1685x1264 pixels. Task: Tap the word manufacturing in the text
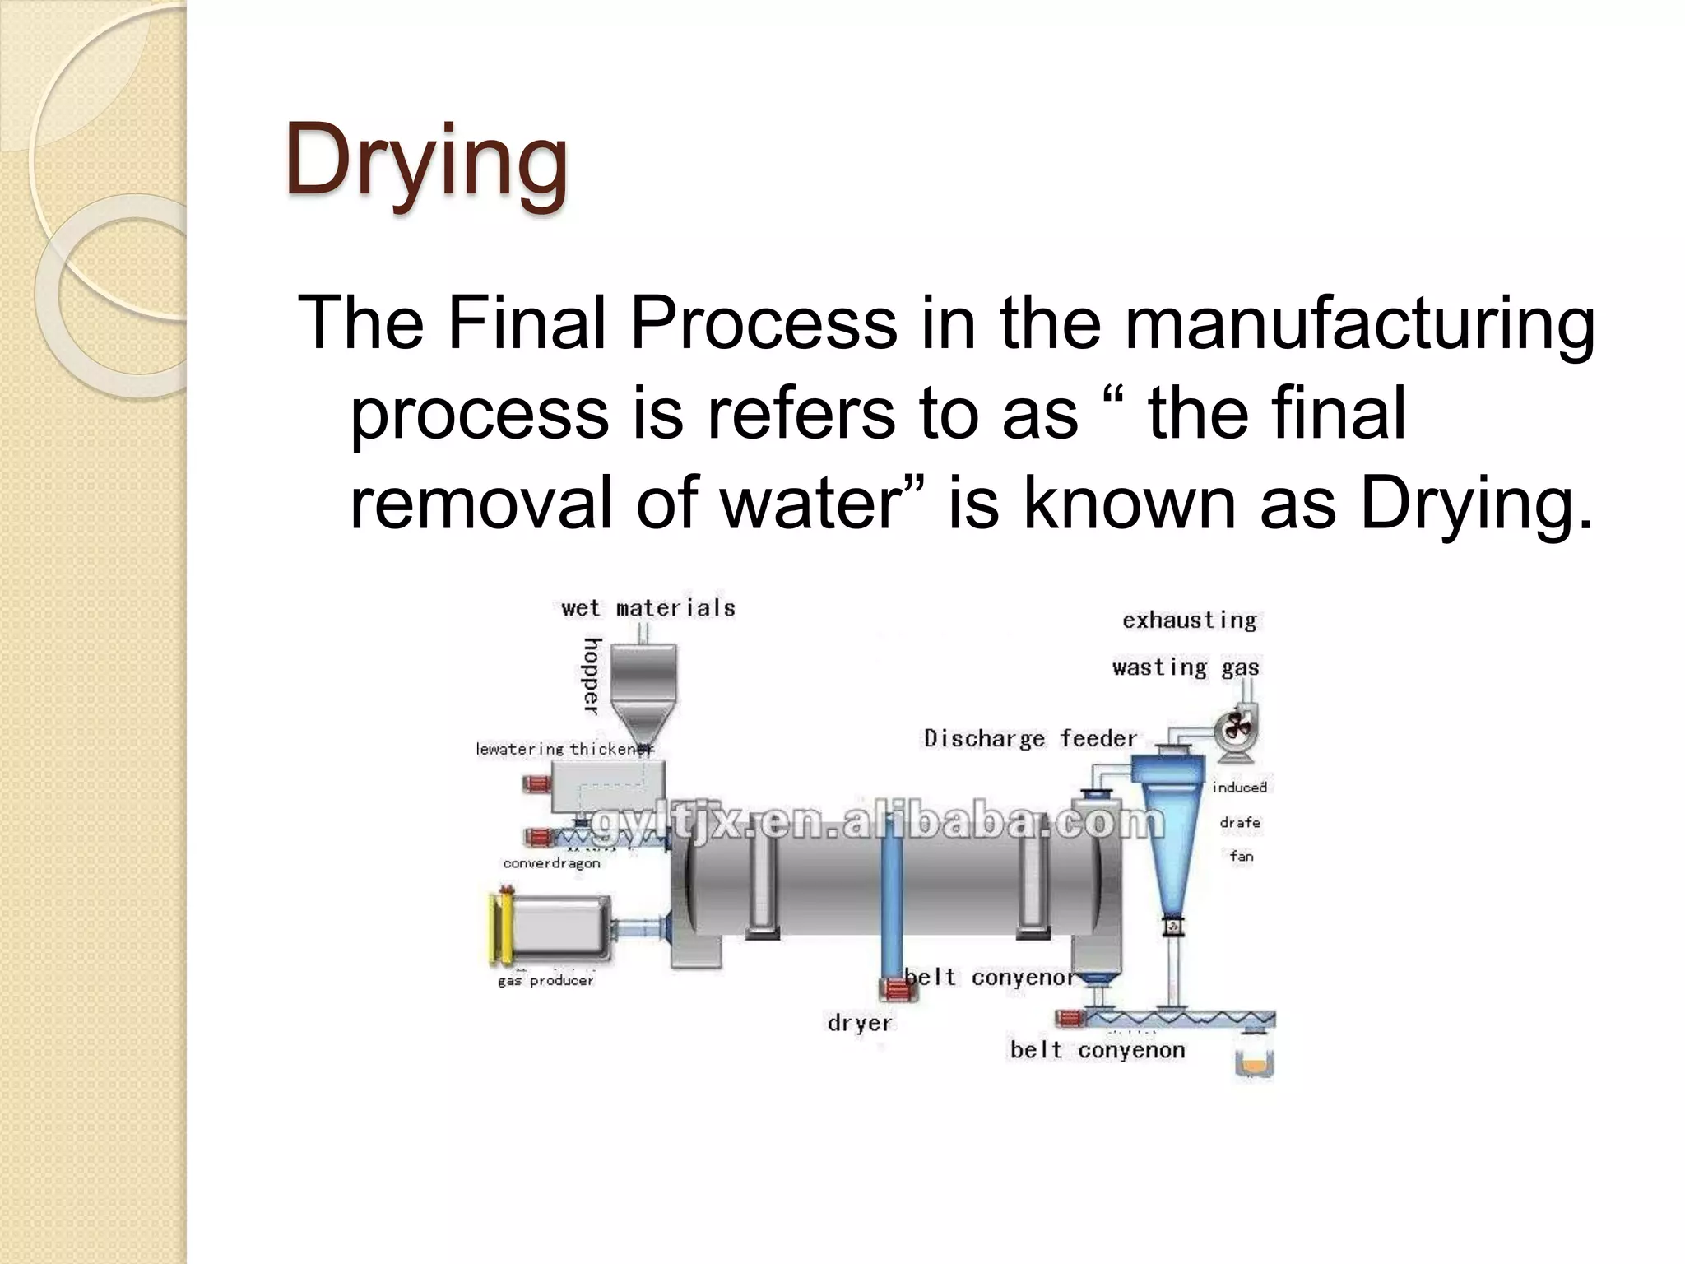pyautogui.click(x=1359, y=323)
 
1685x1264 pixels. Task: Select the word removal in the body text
pyautogui.click(x=480, y=504)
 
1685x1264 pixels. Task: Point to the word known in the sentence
pyautogui.click(x=1129, y=504)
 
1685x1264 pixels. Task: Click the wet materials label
pyautogui.click(x=648, y=608)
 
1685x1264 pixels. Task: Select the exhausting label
pyautogui.click(x=1189, y=620)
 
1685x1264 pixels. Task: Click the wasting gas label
pyautogui.click(x=1185, y=667)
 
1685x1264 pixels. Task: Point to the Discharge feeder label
pyautogui.click(x=1030, y=738)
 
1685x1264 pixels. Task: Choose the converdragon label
pyautogui.click(x=551, y=863)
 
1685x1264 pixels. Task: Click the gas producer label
pyautogui.click(x=545, y=980)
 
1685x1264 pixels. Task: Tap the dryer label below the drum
pyautogui.click(x=859, y=1023)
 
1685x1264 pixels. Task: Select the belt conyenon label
pyautogui.click(x=1098, y=1050)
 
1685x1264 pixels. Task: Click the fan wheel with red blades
pyautogui.click(x=1234, y=726)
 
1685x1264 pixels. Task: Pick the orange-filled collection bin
pyautogui.click(x=1255, y=1064)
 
